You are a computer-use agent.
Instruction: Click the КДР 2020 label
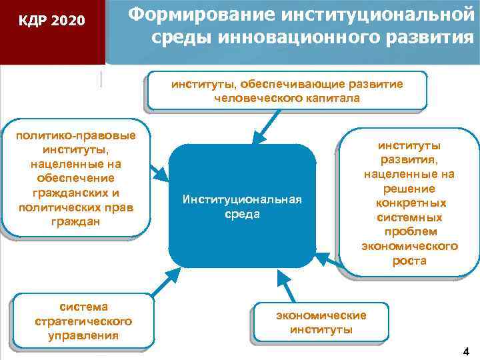(x=51, y=21)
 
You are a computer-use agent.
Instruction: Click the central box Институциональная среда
(x=242, y=207)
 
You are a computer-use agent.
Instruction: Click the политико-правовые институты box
(x=77, y=178)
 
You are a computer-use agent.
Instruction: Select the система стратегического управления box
(x=83, y=321)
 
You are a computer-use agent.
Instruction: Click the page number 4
(x=465, y=351)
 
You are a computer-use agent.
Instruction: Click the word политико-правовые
(x=77, y=135)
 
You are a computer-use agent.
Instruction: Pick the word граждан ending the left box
(x=77, y=221)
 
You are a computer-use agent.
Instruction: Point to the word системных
(x=409, y=217)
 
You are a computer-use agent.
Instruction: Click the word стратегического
(x=83, y=321)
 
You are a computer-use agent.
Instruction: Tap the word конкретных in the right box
(x=409, y=203)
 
